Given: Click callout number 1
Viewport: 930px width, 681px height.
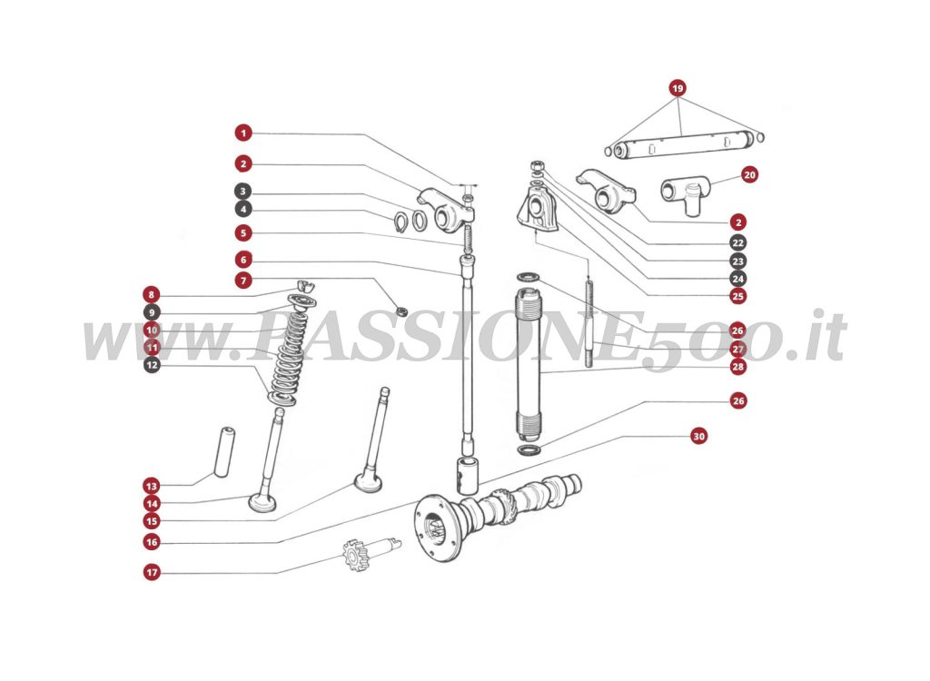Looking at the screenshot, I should click(242, 133).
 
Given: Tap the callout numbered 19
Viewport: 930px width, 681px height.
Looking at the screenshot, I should click(678, 88).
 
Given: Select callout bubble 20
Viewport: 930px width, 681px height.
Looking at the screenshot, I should click(749, 174).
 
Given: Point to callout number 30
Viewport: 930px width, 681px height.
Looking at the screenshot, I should click(697, 436).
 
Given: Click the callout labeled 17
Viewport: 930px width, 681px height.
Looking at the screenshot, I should click(152, 573).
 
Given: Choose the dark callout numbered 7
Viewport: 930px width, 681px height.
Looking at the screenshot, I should click(242, 281).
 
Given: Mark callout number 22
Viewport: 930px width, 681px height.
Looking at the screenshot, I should click(737, 243).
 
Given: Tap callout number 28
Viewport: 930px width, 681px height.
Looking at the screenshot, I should click(737, 367).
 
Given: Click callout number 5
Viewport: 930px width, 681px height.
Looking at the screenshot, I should click(242, 232).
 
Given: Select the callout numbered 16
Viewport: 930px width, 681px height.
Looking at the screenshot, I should click(152, 542).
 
